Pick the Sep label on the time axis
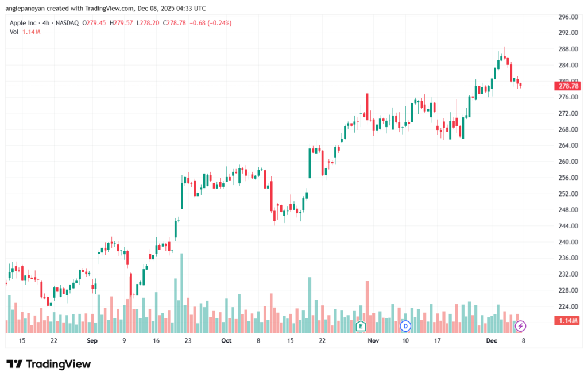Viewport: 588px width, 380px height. [92, 340]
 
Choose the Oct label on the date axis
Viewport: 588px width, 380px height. [226, 340]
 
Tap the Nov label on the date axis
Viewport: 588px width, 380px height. [374, 340]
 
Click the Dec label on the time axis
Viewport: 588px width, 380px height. [492, 340]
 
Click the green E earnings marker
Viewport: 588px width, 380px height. [361, 326]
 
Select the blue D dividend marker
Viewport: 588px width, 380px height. [405, 326]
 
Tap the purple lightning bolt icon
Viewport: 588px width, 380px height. [521, 326]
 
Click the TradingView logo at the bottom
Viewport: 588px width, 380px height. [48, 364]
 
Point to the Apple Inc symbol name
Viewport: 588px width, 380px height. [24, 23]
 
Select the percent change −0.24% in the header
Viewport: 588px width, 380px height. [215, 23]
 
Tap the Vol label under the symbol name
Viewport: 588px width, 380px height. [14, 32]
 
